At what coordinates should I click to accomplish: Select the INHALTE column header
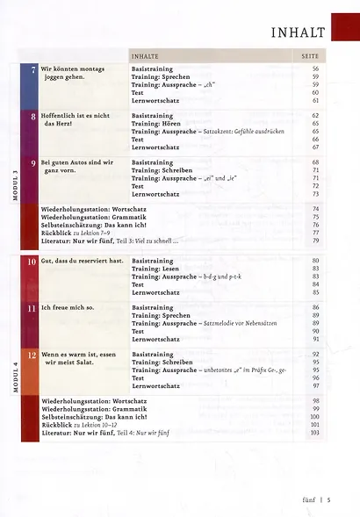[x=147, y=54]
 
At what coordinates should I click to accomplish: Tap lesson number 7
[x=32, y=68]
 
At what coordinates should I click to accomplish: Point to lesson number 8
[x=32, y=116]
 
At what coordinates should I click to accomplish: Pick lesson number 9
[x=32, y=163]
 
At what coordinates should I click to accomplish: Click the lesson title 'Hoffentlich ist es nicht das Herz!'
[x=76, y=119]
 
